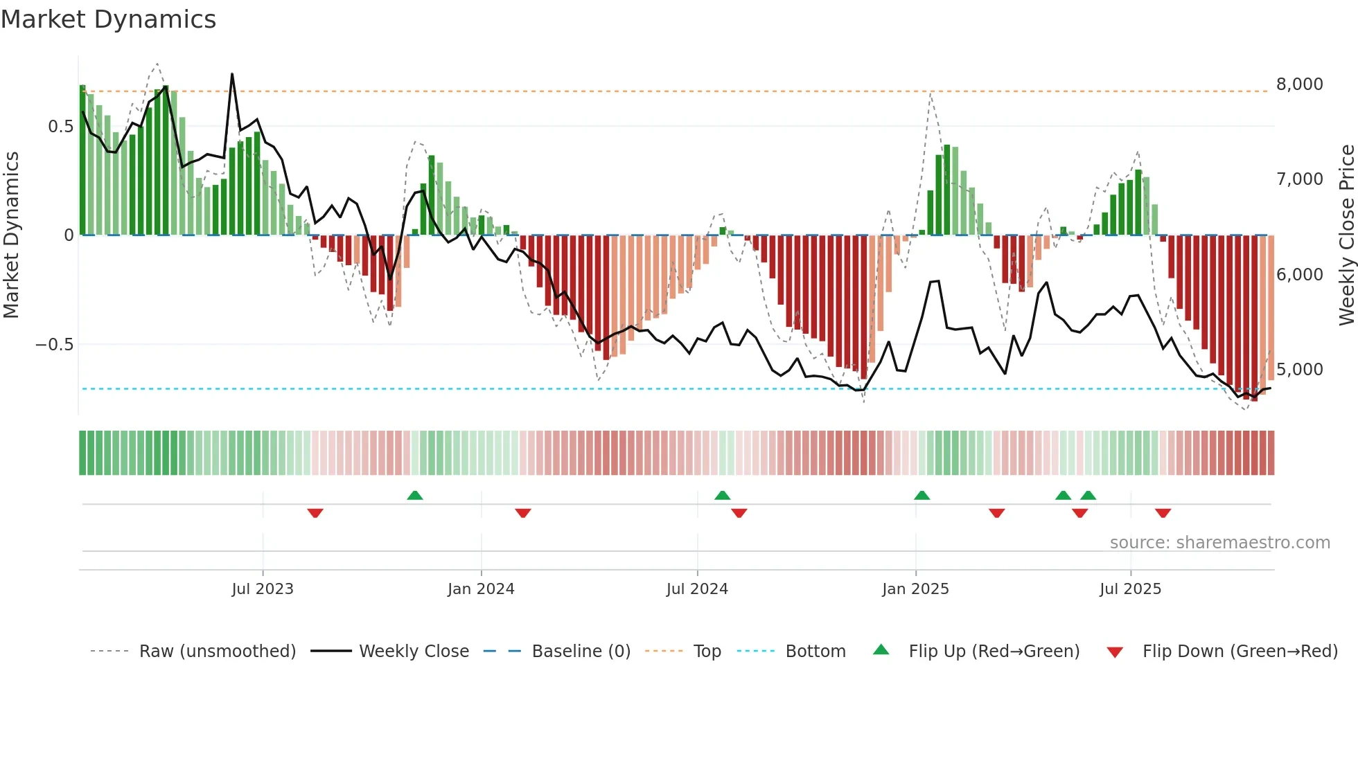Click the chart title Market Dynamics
108,19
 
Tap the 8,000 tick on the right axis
1299,84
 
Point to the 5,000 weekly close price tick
1299,370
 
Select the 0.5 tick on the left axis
60,127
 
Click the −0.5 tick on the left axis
54,345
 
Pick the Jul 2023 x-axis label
263,589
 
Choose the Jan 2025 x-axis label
915,589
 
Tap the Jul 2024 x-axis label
697,589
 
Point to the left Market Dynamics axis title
11,235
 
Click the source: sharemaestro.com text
1219,543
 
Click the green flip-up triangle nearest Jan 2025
921,495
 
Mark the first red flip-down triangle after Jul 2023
315,513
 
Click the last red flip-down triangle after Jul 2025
1163,513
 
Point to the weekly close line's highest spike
232,74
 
